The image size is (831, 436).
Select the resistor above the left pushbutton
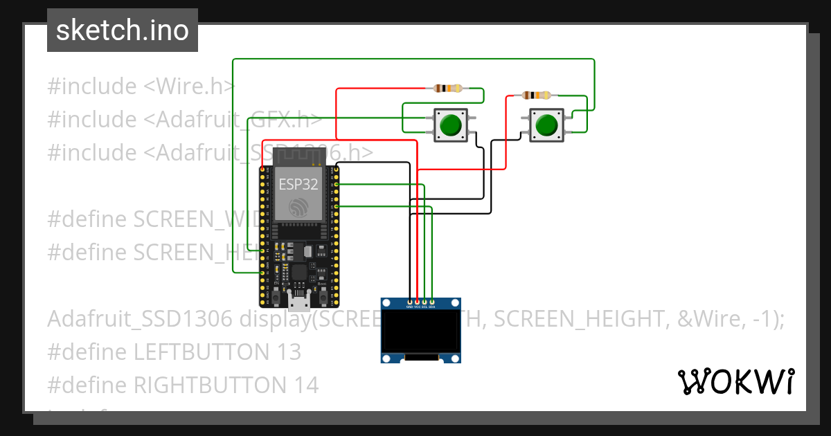[448, 88]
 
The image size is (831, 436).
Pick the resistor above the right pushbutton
[537, 95]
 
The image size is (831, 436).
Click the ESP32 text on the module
[298, 185]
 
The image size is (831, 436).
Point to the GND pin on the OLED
[410, 302]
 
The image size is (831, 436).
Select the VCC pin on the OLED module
[417, 302]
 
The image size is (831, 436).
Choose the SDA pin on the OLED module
[432, 302]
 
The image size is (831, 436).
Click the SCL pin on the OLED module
[425, 302]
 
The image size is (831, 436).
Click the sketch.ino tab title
[122, 30]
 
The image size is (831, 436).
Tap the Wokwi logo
[735, 381]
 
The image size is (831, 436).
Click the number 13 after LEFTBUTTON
[287, 352]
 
